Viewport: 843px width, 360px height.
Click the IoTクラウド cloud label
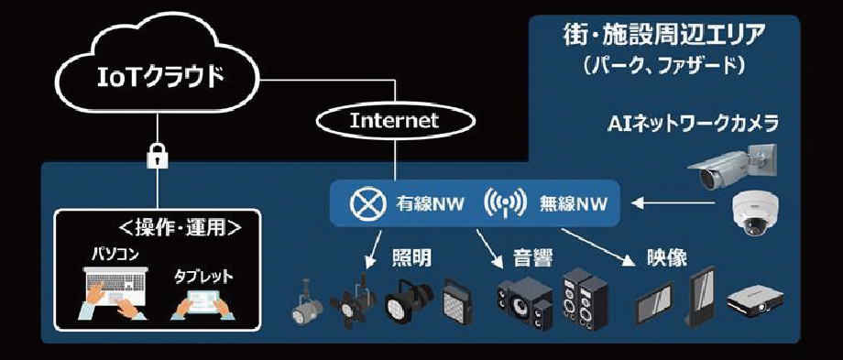(x=159, y=77)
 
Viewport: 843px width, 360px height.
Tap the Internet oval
(x=395, y=120)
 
